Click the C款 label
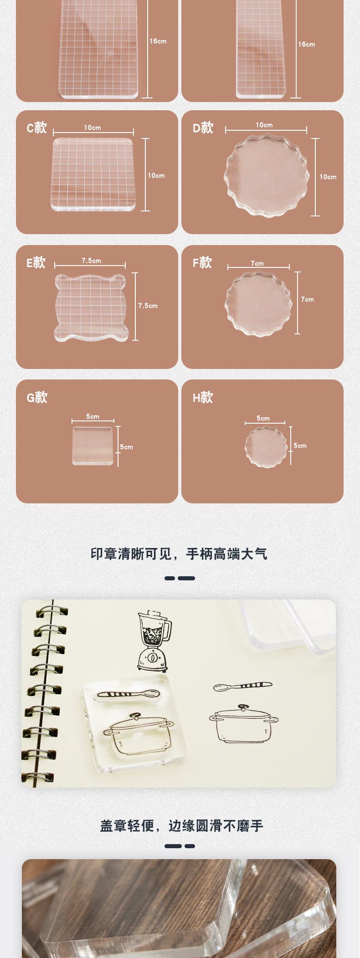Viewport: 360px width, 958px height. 36,128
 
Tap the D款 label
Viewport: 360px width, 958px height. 203,128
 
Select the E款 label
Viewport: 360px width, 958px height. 36,262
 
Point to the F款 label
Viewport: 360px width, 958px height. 202,262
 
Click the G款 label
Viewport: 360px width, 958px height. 37,397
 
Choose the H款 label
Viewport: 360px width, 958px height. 203,397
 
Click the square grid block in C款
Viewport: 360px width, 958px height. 93,174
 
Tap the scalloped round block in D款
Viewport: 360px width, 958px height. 266,176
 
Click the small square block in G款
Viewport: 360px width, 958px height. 93,446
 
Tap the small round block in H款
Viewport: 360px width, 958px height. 266,446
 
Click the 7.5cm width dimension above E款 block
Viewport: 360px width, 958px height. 91,261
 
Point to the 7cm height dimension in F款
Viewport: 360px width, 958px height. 307,299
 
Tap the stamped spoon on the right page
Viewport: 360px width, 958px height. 242,686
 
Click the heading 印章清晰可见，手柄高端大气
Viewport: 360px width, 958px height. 179,554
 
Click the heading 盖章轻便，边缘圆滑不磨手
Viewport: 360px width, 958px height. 181,825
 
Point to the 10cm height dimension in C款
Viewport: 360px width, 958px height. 156,175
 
